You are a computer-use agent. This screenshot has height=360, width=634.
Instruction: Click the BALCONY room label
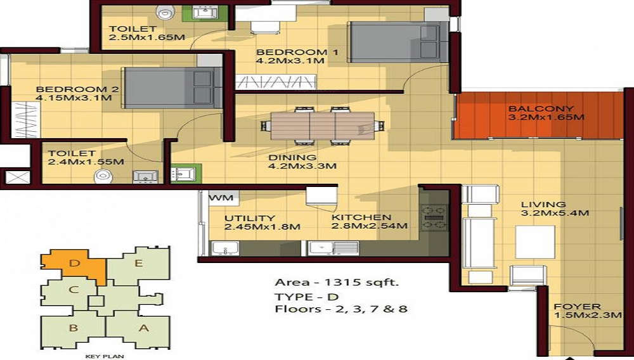(541, 108)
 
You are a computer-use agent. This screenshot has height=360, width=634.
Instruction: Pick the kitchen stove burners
(434, 217)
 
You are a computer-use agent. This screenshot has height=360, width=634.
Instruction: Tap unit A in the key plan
(143, 328)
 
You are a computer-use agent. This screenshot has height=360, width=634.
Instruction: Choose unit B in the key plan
(74, 328)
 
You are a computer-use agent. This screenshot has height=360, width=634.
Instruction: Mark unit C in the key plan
(74, 291)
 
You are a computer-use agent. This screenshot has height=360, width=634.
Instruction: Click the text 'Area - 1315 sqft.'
(336, 283)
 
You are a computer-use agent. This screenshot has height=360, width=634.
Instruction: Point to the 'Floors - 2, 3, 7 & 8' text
(340, 309)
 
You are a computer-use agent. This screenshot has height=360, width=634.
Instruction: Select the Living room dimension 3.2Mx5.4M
(555, 213)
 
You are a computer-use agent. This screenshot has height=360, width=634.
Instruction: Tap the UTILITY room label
(249, 217)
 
